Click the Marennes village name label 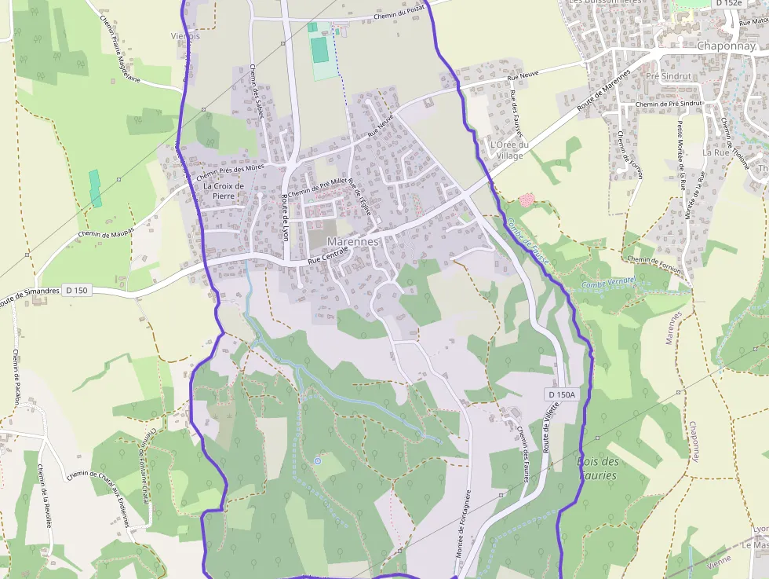pos(352,241)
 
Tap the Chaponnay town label pos(726,46)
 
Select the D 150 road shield pos(76,290)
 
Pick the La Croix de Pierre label pos(224,191)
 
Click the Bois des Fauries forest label pos(599,468)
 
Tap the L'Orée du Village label pos(509,150)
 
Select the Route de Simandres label pos(30,292)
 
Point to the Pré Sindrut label pos(668,77)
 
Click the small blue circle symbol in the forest pos(317,460)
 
